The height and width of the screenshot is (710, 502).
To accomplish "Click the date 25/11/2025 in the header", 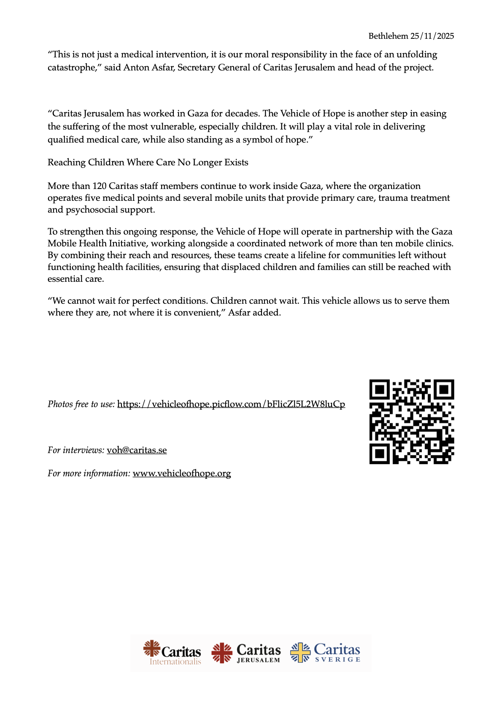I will (432, 36).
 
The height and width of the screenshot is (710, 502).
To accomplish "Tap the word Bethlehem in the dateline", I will (388, 36).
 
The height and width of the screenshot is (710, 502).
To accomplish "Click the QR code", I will (411, 421).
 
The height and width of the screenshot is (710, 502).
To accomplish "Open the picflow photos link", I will (231, 404).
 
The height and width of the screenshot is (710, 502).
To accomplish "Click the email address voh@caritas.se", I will (137, 450).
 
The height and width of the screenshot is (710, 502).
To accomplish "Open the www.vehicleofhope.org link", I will (182, 473).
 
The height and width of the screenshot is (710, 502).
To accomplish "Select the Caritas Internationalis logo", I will (172, 653).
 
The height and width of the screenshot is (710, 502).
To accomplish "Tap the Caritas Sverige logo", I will (325, 653).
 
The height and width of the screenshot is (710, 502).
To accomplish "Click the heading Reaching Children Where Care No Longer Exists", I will (148, 162).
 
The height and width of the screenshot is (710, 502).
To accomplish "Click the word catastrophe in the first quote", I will (72, 67).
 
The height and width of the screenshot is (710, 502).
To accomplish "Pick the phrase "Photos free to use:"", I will (81, 404).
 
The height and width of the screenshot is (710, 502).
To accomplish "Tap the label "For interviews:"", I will (76, 450).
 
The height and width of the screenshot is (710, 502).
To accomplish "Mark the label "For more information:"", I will (89, 473).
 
